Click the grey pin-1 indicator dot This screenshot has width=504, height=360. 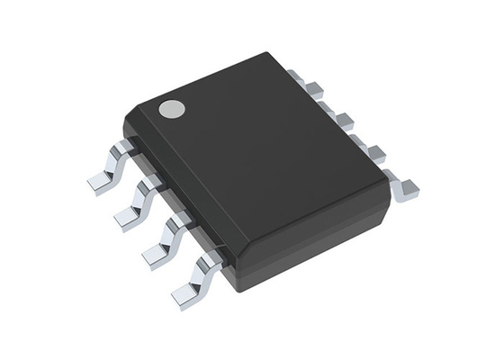pos(171,110)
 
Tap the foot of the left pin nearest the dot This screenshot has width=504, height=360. pos(101,182)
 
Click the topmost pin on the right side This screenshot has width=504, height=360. pos(312,88)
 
